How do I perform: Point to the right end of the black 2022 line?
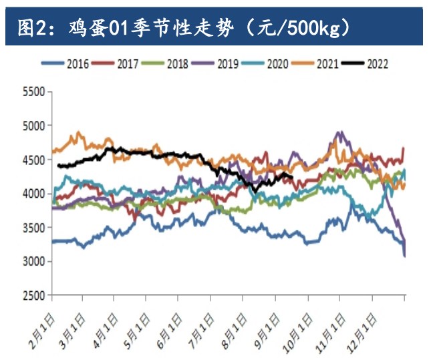click(x=292, y=177)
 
